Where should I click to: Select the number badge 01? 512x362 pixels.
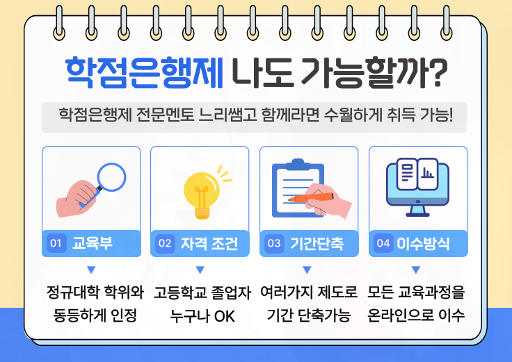click(x=56, y=243)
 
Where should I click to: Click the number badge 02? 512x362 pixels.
click(x=165, y=243)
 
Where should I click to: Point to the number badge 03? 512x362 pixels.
click(x=274, y=243)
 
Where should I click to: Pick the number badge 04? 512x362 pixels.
click(x=383, y=243)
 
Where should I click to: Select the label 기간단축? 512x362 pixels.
click(x=316, y=243)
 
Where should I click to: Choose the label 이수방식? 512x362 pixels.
click(x=423, y=243)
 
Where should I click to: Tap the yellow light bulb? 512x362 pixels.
click(x=201, y=188)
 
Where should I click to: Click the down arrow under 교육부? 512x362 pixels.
click(x=90, y=270)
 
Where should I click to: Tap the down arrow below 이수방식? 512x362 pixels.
click(x=416, y=270)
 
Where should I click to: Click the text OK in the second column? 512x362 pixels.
click(x=225, y=316)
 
